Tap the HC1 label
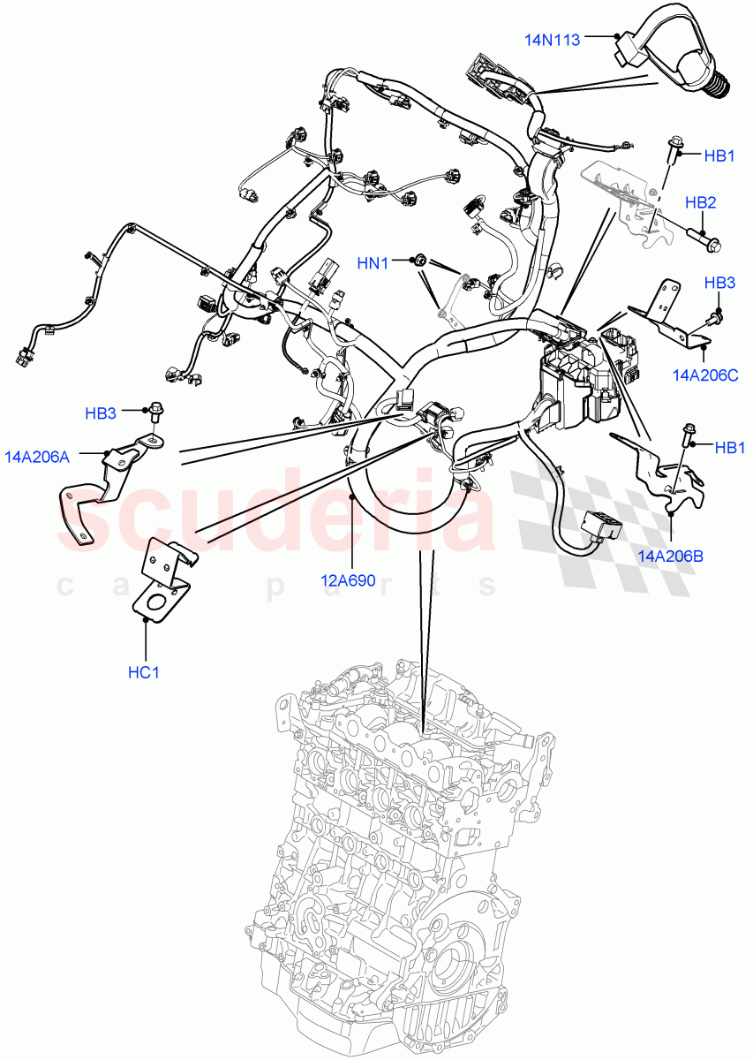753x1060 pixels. [x=144, y=672]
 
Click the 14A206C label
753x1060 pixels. [x=704, y=375]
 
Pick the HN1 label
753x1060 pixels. [x=373, y=262]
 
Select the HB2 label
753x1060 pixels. [x=700, y=202]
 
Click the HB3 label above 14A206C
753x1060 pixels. [x=719, y=283]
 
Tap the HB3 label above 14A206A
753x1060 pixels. [x=101, y=413]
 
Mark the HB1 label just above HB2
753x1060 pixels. [x=719, y=156]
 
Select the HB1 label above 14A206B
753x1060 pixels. [x=729, y=448]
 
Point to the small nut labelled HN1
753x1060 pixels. [x=421, y=261]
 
